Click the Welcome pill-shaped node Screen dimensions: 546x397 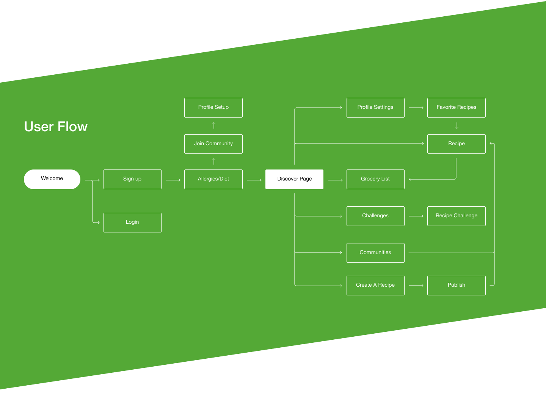[52, 179]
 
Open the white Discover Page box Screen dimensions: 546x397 [295, 179]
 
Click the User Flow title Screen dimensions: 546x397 [56, 127]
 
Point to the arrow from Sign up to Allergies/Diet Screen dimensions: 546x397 [173, 180]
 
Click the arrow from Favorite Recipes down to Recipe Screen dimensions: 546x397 [457, 126]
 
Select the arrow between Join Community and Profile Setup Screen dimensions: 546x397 [214, 125]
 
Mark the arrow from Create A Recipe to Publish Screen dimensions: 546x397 [416, 286]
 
